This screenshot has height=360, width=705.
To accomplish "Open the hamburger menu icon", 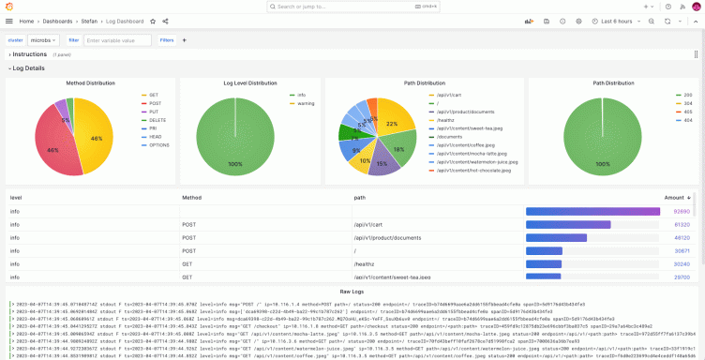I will [x=8, y=21].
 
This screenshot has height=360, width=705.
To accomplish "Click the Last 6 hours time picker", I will [x=619, y=21].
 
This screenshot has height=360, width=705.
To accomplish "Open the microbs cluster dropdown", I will [x=43, y=40].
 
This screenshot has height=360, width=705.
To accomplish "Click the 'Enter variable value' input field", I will [x=117, y=40].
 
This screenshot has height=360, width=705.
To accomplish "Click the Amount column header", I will [x=674, y=198].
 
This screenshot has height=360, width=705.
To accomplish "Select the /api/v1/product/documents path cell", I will [x=383, y=238].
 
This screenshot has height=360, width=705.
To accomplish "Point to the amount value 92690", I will [x=682, y=212].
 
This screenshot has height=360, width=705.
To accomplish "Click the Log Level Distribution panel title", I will [x=250, y=82].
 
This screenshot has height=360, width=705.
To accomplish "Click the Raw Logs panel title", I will [x=352, y=292].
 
